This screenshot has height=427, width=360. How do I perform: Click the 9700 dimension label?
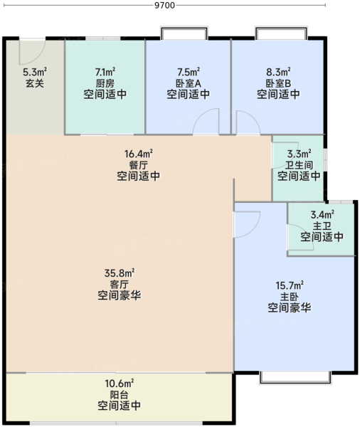[x=164, y=5]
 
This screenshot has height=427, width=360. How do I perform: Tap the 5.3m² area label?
[x=35, y=72]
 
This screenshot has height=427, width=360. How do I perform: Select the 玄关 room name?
[x=35, y=83]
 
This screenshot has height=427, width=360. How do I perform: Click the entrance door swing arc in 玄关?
[x=32, y=52]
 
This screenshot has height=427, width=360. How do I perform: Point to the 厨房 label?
[x=105, y=83]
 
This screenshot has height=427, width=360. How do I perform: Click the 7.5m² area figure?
[x=189, y=72]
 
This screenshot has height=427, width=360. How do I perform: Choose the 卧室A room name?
[x=189, y=83]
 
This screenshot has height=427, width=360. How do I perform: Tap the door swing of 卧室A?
[x=206, y=121]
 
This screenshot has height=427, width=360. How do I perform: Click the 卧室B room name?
[x=278, y=83]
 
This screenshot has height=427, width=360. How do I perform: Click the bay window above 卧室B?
[x=281, y=33]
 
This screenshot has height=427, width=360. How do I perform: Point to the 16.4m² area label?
[x=138, y=154]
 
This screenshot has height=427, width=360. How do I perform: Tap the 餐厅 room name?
[x=138, y=165]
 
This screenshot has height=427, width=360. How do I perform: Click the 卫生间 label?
[x=299, y=165]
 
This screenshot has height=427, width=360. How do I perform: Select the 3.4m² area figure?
[x=322, y=215]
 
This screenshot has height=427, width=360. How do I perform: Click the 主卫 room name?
[x=322, y=226]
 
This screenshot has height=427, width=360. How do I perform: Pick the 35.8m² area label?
[x=120, y=273]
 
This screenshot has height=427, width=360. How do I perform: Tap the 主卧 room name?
[x=290, y=296]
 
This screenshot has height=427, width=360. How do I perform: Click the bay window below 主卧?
[x=295, y=377]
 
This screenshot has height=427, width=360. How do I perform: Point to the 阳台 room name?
[x=120, y=394]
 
